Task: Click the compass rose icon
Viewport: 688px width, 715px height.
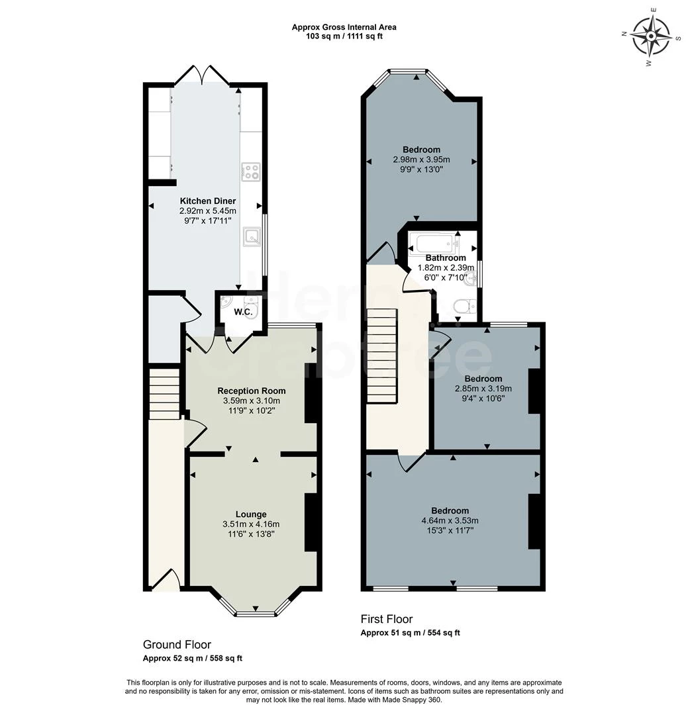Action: (651, 36)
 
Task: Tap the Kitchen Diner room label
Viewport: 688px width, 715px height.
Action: (207, 201)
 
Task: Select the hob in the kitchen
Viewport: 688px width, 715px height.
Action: (250, 172)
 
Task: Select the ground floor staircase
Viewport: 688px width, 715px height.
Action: (164, 395)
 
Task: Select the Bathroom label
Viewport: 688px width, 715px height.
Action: (445, 258)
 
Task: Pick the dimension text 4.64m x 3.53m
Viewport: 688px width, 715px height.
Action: (450, 520)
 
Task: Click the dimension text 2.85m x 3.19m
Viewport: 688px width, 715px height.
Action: (483, 389)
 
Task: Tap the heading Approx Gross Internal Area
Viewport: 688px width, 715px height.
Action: (344, 27)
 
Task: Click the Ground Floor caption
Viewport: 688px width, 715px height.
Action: (177, 644)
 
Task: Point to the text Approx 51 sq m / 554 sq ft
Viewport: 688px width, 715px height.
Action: (410, 633)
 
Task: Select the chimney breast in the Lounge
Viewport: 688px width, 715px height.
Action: (310, 522)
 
